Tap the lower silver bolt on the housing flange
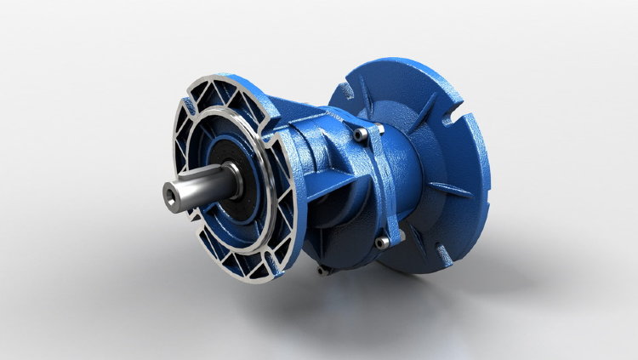click(385, 242)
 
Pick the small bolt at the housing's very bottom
click(319, 271)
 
